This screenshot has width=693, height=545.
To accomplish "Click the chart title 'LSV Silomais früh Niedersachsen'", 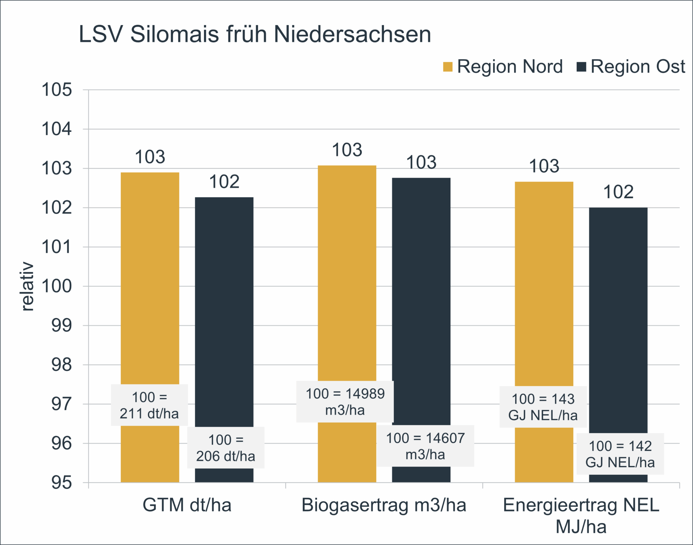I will click(x=255, y=34).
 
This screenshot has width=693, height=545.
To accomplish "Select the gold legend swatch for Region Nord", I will click(x=448, y=67).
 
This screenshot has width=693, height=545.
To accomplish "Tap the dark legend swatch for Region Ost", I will click(x=581, y=67).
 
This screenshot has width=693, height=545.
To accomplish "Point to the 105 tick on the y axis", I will click(x=57, y=90).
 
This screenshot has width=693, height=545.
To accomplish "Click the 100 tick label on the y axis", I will click(x=57, y=286).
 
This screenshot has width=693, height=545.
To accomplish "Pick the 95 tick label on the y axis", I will click(x=62, y=482).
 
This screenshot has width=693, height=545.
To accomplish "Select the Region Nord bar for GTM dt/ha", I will click(x=150, y=270).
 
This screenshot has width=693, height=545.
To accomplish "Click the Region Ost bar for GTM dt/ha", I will click(x=224, y=304).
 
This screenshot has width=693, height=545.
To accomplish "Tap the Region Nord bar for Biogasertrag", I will click(x=347, y=270).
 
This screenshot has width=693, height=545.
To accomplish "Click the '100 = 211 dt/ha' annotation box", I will click(x=149, y=405).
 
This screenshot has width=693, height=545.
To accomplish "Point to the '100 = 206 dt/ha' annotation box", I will click(x=226, y=448).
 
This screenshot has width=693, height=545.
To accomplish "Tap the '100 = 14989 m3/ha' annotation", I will click(x=345, y=402).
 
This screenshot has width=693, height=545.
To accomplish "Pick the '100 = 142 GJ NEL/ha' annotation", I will click(x=620, y=454).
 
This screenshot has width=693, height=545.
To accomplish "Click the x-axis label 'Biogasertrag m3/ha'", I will click(x=384, y=505).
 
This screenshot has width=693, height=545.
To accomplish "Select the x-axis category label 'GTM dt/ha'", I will click(x=187, y=505).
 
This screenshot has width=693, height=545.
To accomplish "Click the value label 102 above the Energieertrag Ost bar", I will click(x=618, y=192).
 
